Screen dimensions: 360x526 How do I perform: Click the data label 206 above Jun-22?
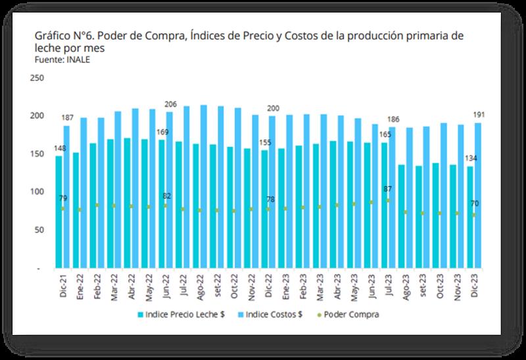[x=170, y=104]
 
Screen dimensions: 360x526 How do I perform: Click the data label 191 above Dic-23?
[x=479, y=115]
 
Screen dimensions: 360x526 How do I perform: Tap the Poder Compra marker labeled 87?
[x=389, y=200]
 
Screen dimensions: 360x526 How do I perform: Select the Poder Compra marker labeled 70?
[x=473, y=215]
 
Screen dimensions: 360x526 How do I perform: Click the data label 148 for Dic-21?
[x=59, y=148]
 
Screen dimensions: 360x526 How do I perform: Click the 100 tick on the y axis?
[x=37, y=192]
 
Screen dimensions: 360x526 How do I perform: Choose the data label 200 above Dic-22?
[x=273, y=108]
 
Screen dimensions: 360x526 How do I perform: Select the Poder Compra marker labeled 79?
[x=63, y=208]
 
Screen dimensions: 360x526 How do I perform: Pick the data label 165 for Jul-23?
[x=383, y=135]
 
